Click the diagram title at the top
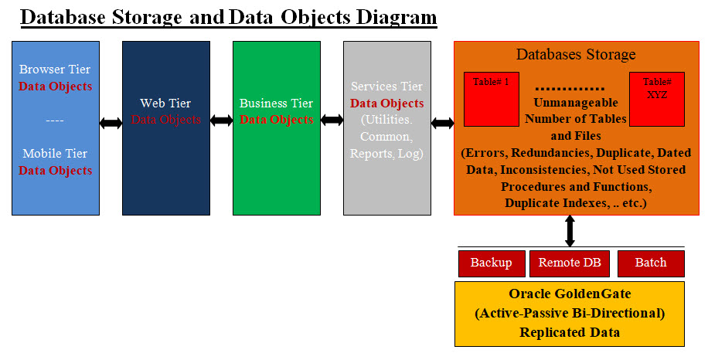[x=228, y=16]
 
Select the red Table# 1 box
[x=491, y=99]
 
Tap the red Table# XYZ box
[x=657, y=99]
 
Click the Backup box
[x=492, y=263]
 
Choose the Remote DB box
[x=570, y=263]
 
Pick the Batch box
[x=651, y=263]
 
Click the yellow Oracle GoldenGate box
[x=570, y=314]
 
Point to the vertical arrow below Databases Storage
[x=570, y=231]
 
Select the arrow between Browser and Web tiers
[x=111, y=123]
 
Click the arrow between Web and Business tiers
[x=221, y=121]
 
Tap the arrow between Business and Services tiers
[x=332, y=121]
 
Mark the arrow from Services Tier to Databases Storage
[x=442, y=123]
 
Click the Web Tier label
[x=165, y=103]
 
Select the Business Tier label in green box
[x=276, y=103]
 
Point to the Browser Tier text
[x=55, y=70]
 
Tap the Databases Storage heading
[x=576, y=54]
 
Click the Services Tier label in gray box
[x=386, y=87]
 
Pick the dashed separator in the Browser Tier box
[x=55, y=120]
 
